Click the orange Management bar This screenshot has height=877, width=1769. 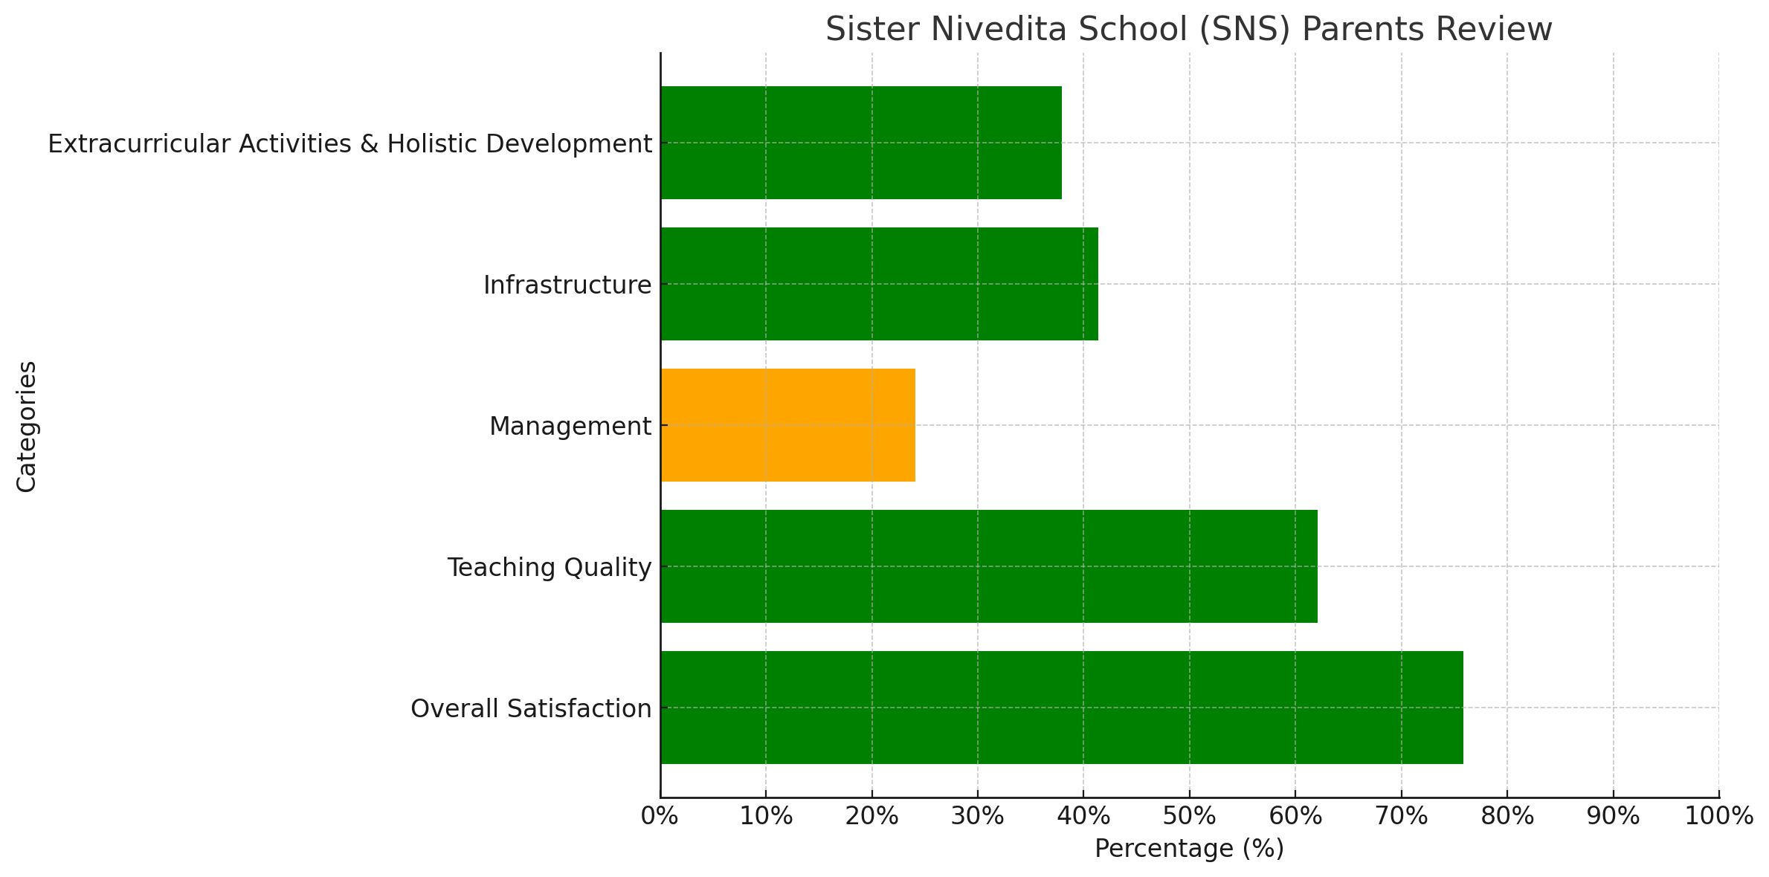[787, 425]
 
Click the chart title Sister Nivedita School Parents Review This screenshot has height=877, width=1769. [1188, 30]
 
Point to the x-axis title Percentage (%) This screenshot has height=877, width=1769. [1189, 848]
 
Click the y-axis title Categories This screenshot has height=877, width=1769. [27, 426]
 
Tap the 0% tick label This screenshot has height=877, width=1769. [659, 816]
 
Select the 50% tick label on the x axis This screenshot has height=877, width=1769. [1189, 816]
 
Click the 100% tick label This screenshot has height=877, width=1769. [1718, 816]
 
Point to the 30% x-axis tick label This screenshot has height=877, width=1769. [977, 816]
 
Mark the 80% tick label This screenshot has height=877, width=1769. [1507, 816]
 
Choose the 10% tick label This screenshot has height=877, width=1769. [766, 816]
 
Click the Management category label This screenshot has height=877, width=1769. [570, 427]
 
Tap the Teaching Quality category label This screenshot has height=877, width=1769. [549, 568]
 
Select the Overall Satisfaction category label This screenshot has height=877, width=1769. [531, 709]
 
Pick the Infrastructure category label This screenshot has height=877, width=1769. [567, 285]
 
